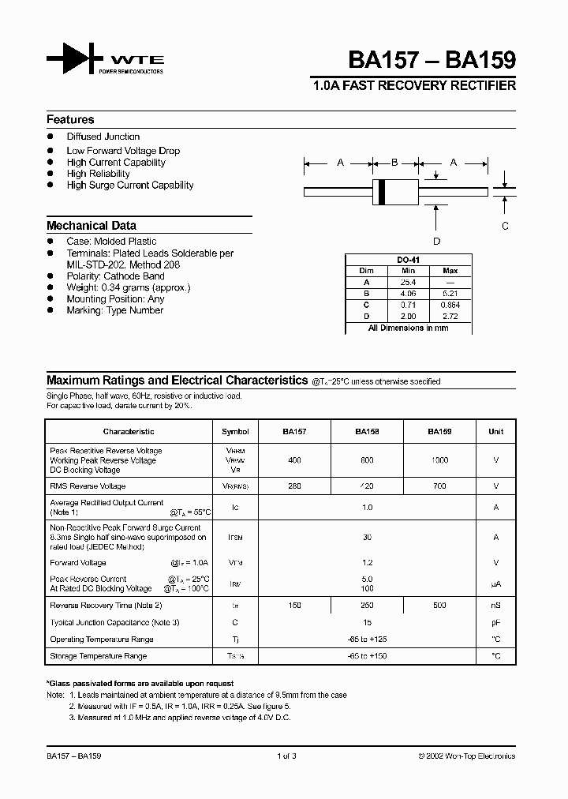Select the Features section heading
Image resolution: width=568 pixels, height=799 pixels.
[x=70, y=120]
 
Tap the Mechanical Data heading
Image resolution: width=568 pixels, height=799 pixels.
[x=92, y=225]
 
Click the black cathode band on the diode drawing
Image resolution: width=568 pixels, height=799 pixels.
[x=382, y=191]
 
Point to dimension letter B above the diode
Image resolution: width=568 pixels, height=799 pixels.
[x=394, y=163]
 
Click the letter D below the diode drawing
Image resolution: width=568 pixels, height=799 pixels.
[x=436, y=242]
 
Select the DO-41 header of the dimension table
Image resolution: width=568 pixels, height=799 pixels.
[x=407, y=260]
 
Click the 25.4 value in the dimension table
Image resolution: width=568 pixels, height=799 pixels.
[x=408, y=282]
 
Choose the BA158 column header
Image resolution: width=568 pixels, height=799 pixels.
[x=367, y=432]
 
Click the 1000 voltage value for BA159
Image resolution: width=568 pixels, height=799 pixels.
[x=439, y=460]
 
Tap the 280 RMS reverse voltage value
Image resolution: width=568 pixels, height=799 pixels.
[x=294, y=486]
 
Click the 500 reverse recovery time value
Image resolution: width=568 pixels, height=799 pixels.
[x=439, y=606]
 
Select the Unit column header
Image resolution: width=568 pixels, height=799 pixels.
[x=495, y=432]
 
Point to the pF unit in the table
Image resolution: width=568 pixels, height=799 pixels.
[x=495, y=623]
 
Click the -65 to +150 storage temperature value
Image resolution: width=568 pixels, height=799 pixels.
[x=367, y=656]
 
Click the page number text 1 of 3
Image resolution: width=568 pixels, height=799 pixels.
[x=286, y=756]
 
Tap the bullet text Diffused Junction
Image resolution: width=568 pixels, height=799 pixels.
[x=103, y=137]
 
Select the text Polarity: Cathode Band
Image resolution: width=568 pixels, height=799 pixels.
[x=116, y=276]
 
